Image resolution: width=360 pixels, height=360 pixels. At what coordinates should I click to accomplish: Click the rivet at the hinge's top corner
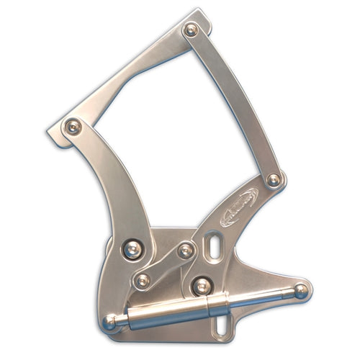[191, 30]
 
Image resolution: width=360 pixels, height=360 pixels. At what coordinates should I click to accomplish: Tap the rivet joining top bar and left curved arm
[72, 127]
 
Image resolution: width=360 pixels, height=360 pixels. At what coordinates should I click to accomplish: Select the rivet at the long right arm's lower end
[274, 179]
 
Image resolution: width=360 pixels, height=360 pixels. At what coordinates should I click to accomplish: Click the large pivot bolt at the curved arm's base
[132, 249]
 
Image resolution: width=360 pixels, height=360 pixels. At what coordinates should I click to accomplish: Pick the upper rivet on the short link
[186, 251]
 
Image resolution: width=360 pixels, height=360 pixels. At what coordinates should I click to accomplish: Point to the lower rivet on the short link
[143, 280]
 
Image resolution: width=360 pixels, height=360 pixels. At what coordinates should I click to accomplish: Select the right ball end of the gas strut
[300, 291]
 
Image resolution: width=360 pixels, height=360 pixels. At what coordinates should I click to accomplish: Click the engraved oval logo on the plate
[238, 208]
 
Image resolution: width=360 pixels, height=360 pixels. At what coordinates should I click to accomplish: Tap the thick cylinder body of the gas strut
[166, 314]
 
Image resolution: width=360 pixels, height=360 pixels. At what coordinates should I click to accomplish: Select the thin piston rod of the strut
[259, 297]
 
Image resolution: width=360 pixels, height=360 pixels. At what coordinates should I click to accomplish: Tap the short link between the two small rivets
[165, 265]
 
